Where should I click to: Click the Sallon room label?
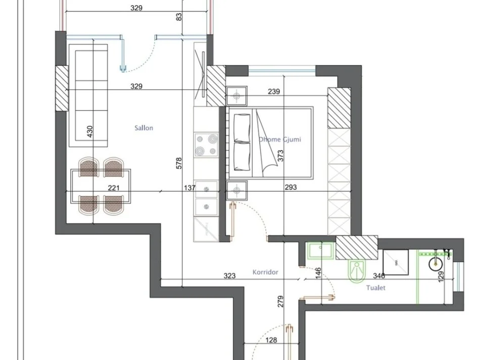coord(143,128)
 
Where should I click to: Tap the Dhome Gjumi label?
coord(279,139)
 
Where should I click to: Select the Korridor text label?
coord(265,272)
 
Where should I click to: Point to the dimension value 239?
coord(273,92)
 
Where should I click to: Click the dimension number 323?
coord(230,276)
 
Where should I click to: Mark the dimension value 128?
coord(271,340)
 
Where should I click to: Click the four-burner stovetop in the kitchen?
coord(206,144)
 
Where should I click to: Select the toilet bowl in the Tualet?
coord(357,270)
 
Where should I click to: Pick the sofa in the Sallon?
coord(88,92)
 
